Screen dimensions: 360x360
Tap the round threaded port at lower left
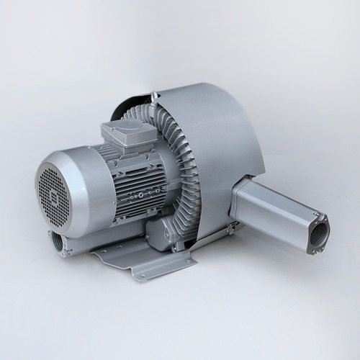click(x=58, y=241)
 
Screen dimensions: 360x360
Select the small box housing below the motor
click(x=162, y=230)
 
